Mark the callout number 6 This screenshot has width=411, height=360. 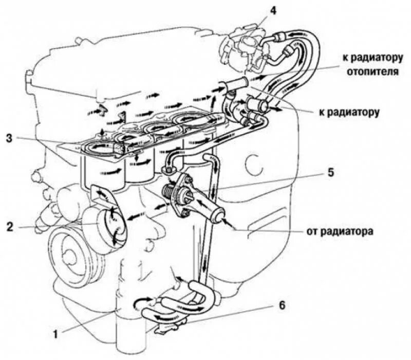click(281, 304)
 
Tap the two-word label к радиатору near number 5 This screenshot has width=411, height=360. click(349, 111)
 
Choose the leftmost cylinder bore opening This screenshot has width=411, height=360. click(97, 150)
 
